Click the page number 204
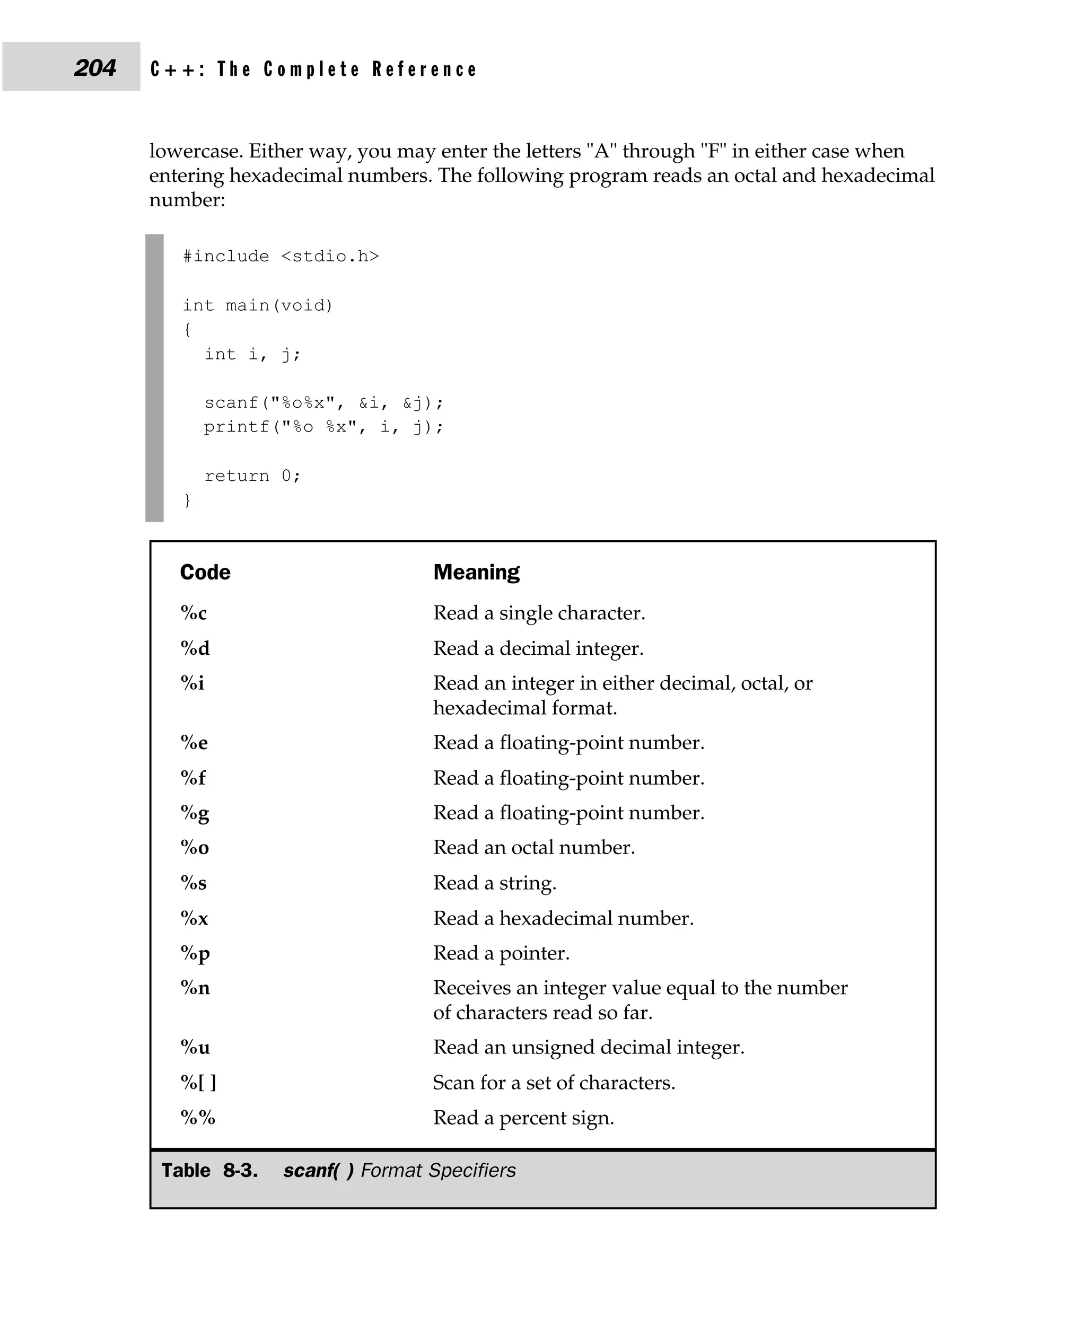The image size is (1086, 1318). coord(95,67)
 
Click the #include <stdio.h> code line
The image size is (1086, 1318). coord(281,257)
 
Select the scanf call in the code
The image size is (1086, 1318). coord(323,403)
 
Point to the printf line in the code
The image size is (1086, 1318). coord(323,427)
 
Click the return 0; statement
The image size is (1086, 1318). coord(252,476)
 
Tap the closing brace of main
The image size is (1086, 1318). coord(187,500)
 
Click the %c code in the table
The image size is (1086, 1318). coord(194,613)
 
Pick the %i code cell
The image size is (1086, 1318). coord(192,683)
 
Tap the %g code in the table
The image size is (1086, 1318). coord(195,813)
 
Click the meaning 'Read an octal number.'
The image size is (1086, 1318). coord(533,848)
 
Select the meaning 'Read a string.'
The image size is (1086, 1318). coord(494,883)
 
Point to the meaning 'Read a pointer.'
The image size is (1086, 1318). coord(501,953)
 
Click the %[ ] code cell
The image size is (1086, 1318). coord(198,1083)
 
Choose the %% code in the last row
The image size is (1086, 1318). coord(198,1118)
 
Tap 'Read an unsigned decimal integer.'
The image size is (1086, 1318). coord(588,1048)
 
